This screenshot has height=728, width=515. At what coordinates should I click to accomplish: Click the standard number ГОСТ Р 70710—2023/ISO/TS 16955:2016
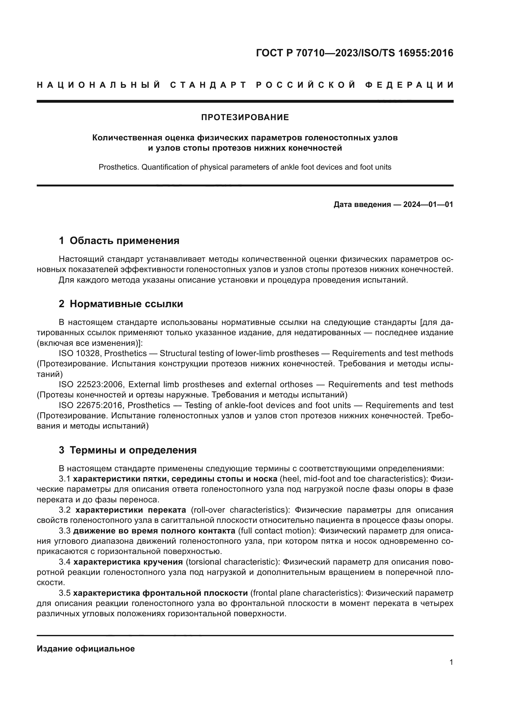(x=354, y=53)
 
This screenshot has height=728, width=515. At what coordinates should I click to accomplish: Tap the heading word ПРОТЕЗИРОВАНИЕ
(x=245, y=118)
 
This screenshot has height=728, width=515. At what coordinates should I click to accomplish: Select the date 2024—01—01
(x=428, y=204)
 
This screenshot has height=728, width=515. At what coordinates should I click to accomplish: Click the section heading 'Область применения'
(x=124, y=241)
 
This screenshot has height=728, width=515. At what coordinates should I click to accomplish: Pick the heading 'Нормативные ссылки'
(x=126, y=304)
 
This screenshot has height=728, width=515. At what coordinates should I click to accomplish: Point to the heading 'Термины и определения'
(x=133, y=450)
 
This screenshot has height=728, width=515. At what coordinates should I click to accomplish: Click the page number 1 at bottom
(x=451, y=662)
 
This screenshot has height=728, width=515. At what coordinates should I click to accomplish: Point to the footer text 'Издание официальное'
(x=86, y=649)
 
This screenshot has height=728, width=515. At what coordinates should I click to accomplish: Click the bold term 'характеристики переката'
(x=131, y=510)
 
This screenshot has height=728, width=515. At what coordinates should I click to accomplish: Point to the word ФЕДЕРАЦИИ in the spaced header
(x=409, y=85)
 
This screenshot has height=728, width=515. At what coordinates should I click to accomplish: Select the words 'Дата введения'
(x=362, y=204)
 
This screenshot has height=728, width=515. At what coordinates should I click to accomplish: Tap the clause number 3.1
(x=65, y=479)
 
